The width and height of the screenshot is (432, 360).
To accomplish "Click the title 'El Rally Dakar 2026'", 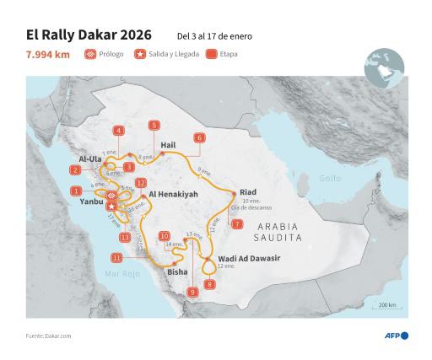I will pyautogui.click(x=89, y=35).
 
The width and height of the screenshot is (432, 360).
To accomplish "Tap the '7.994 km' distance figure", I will pyautogui.click(x=48, y=55).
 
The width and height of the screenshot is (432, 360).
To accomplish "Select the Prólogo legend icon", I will pyautogui.click(x=90, y=55).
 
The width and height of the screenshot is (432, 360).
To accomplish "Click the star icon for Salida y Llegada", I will pyautogui.click(x=140, y=55).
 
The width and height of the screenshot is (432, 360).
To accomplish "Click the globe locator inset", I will pyautogui.click(x=384, y=68).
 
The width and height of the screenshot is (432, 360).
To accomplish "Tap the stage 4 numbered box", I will pyautogui.click(x=119, y=131).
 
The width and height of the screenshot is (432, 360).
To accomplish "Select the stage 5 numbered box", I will pyautogui.click(x=154, y=126).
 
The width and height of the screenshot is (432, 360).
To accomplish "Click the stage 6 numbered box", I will pyautogui.click(x=199, y=137).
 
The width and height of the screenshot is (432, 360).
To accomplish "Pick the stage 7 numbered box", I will pyautogui.click(x=238, y=224).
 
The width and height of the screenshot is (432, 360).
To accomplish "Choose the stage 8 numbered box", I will pyautogui.click(x=209, y=284).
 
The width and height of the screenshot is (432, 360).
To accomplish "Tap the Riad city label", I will pyautogui.click(x=247, y=192).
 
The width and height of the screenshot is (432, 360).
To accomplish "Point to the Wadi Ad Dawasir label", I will pyautogui.click(x=248, y=257).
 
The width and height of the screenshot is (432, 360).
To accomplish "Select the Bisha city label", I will pyautogui.click(x=178, y=272).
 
